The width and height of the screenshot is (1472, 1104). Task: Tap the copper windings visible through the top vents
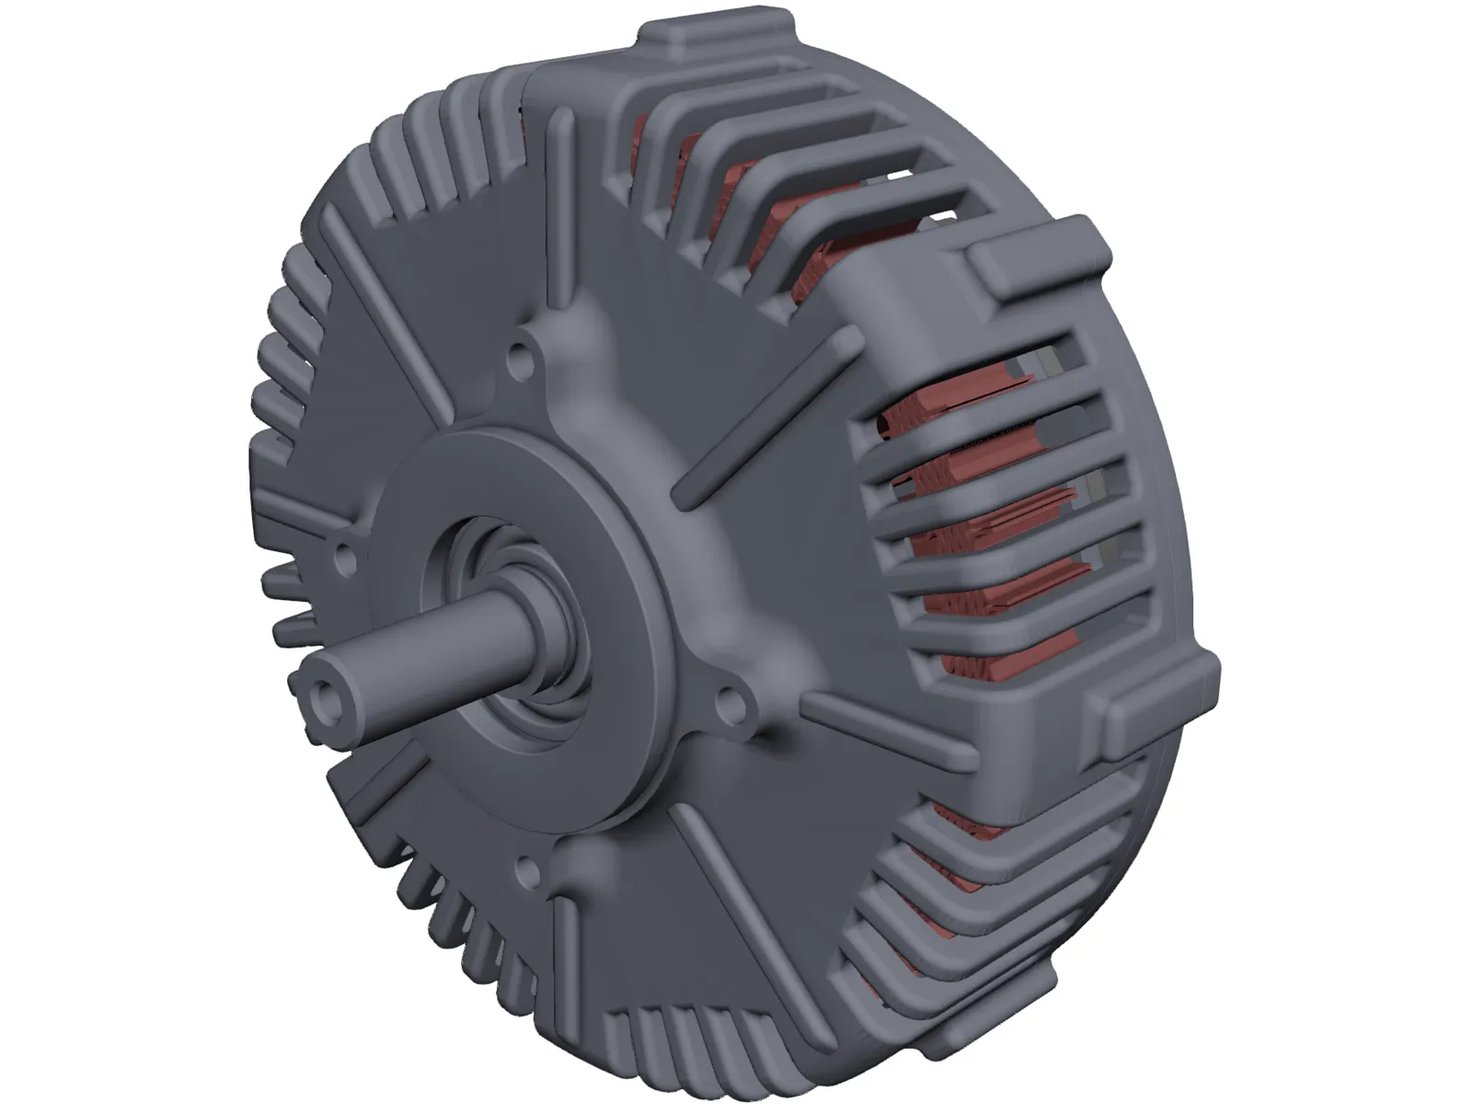pos(736,202)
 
